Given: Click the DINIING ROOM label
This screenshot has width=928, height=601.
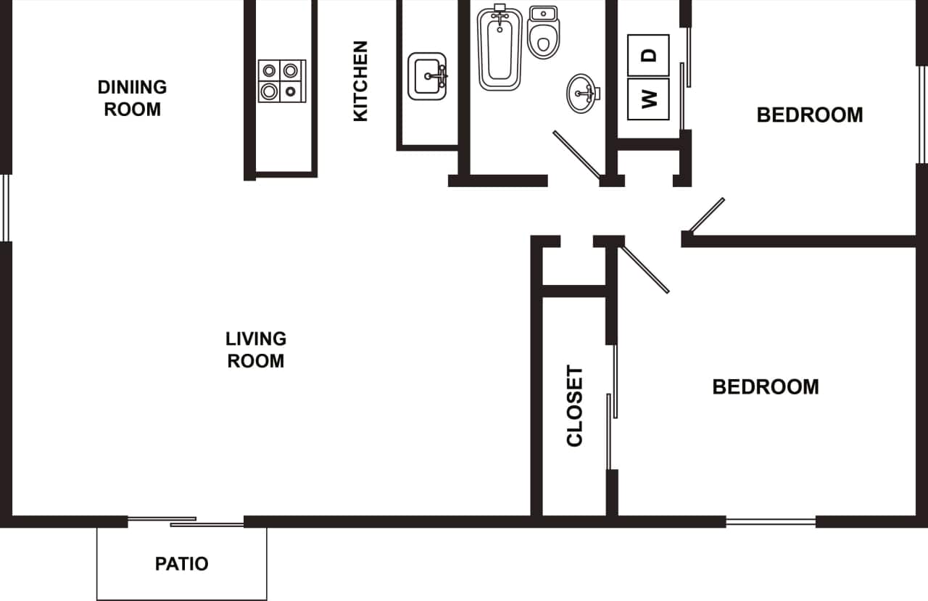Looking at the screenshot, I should pyautogui.click(x=132, y=98).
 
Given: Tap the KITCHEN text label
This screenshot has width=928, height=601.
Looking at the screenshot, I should pyautogui.click(x=360, y=80).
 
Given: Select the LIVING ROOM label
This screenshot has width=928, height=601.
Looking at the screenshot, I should pyautogui.click(x=256, y=349).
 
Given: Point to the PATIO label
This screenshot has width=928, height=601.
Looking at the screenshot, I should pyautogui.click(x=181, y=563).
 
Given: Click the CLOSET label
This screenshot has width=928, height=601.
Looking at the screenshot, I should pyautogui.click(x=574, y=406).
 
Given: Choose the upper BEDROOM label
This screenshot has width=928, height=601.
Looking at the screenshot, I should pyautogui.click(x=809, y=115).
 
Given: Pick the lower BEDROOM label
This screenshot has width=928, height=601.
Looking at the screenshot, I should pyautogui.click(x=765, y=386).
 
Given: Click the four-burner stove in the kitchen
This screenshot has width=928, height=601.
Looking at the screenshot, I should pyautogui.click(x=282, y=80).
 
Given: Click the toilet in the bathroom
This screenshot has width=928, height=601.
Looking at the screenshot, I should pyautogui.click(x=544, y=33).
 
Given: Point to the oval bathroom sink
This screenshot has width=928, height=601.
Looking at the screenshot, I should pyautogui.click(x=582, y=94).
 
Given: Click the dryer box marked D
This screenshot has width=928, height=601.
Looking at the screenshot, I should pyautogui.click(x=648, y=55).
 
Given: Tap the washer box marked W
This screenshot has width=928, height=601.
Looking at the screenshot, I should pyautogui.click(x=648, y=99).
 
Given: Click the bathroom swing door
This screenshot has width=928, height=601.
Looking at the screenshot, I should pyautogui.click(x=577, y=154).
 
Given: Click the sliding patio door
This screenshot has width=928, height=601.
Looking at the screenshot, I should pyautogui.click(x=186, y=521).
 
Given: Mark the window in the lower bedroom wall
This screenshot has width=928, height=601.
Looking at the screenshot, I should pyautogui.click(x=771, y=521).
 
